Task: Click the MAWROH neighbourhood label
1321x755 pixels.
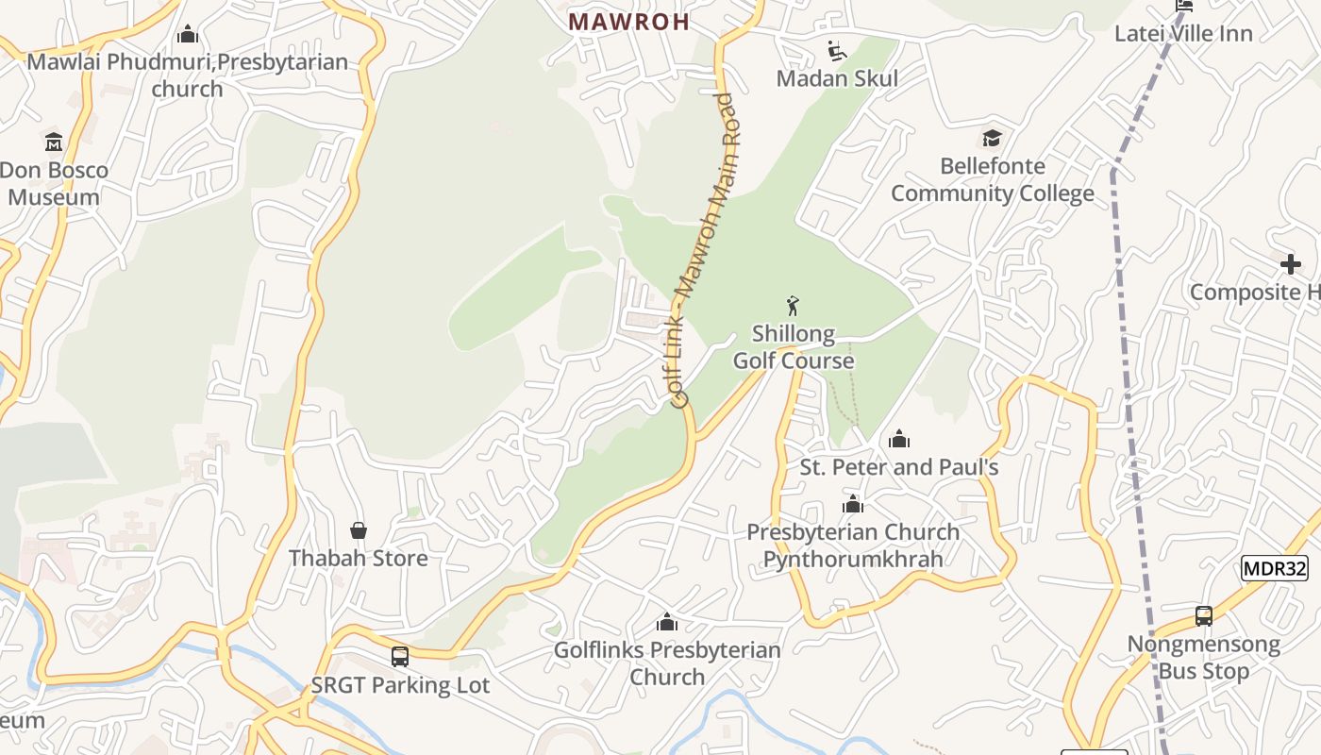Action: [629, 22]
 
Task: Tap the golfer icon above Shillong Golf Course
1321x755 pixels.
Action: [793, 306]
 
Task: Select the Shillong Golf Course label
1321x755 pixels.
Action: [794, 347]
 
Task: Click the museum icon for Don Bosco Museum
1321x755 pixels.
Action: [54, 143]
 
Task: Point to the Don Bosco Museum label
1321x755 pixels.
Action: [54, 184]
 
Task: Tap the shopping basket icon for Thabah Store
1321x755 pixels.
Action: [359, 530]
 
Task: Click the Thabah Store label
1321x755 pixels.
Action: [359, 558]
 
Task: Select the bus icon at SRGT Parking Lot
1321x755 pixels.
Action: [400, 656]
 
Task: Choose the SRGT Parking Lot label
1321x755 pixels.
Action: [400, 685]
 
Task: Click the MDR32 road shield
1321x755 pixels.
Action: [1275, 568]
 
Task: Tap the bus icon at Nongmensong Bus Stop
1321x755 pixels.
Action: [1204, 616]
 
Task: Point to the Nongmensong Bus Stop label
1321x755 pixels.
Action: [1204, 658]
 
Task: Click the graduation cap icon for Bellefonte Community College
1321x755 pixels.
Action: [992, 139]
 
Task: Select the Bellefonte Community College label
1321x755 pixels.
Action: [993, 180]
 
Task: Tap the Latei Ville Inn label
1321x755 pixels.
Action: [1183, 34]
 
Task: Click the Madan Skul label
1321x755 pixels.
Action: [837, 78]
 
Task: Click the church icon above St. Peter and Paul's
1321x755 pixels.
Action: [899, 439]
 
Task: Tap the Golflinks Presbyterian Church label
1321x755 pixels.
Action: [667, 663]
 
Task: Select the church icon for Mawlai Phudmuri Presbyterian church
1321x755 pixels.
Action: [188, 35]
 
